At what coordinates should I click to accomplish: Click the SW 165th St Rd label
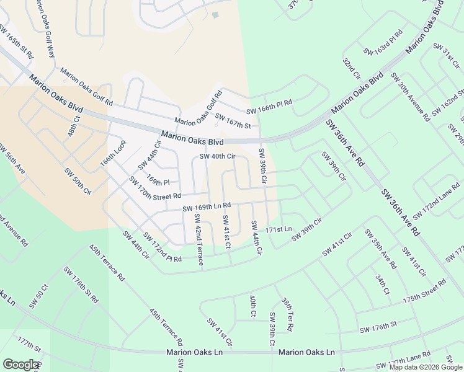click(x=17, y=42)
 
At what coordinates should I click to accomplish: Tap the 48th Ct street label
click(x=73, y=126)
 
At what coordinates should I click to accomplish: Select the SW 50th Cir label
click(x=78, y=179)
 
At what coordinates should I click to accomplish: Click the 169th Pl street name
click(x=158, y=182)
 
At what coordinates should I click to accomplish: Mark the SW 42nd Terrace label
click(x=199, y=240)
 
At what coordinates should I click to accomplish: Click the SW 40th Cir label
click(x=217, y=156)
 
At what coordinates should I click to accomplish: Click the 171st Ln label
click(x=278, y=229)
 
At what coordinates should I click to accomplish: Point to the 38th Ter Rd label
click(x=287, y=314)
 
